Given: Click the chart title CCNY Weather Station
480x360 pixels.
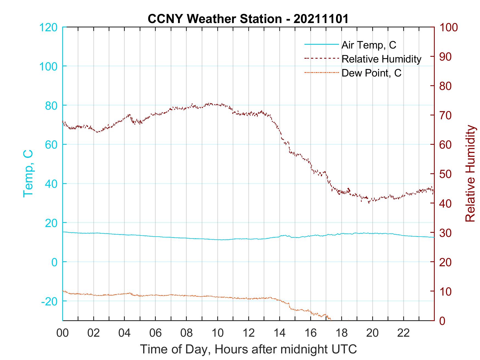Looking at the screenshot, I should click(x=248, y=19).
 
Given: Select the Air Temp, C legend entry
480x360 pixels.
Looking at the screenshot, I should click(x=368, y=45).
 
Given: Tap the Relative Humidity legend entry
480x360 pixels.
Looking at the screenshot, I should click(x=381, y=59).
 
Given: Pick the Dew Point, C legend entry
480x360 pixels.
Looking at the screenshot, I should click(x=371, y=73).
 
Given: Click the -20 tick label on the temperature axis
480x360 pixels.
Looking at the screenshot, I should click(x=49, y=301).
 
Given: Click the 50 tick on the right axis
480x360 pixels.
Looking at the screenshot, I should click(x=446, y=174).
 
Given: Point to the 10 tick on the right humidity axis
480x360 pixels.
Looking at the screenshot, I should click(x=446, y=291).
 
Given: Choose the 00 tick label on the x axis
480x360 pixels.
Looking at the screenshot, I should click(x=63, y=333).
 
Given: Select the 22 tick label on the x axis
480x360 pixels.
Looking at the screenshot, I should click(x=403, y=333).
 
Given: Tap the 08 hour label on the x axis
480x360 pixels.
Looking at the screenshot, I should click(x=187, y=333).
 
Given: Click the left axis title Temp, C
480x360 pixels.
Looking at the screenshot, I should click(x=28, y=173).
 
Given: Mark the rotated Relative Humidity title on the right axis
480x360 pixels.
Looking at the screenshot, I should click(x=470, y=173).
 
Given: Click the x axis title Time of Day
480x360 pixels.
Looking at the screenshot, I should click(x=248, y=349).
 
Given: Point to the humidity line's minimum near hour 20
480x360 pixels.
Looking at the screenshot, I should click(x=369, y=203).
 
